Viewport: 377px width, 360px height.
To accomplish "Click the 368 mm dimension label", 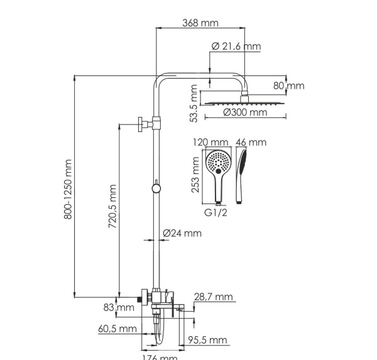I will (200, 23).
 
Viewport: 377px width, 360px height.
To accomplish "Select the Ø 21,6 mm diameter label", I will (236, 46).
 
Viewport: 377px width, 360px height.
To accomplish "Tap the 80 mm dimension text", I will (290, 85).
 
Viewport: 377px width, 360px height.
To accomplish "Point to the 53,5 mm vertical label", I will (194, 105).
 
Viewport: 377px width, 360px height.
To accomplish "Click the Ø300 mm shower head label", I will (245, 112).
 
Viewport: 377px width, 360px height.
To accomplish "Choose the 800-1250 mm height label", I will (69, 188).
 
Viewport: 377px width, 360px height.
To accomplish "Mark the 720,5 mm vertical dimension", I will (113, 206).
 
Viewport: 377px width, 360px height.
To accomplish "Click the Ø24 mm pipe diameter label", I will (182, 233).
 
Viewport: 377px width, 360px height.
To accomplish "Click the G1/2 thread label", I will (216, 212).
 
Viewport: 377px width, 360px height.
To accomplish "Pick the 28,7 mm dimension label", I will (214, 297).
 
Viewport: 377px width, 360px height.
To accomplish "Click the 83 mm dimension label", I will (119, 307).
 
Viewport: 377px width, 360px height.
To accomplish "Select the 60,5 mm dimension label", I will (117, 329).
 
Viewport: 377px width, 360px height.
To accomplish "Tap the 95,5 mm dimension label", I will (210, 341).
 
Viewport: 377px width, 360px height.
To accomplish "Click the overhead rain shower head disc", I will (245, 102).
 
